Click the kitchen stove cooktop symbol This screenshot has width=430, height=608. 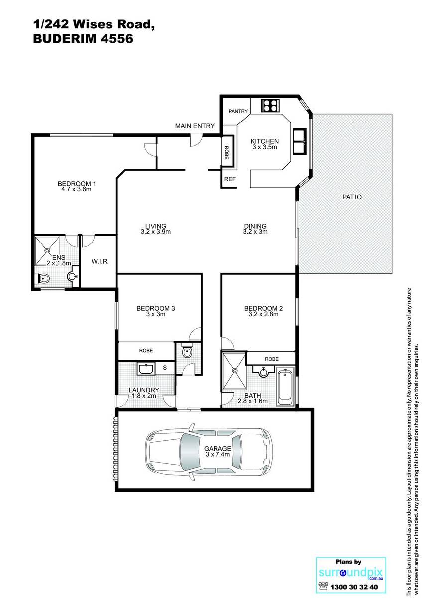coord(270,105)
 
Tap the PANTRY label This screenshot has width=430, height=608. coord(238,111)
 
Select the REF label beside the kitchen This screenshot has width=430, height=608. coord(230,179)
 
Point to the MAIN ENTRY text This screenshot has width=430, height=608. coord(195,126)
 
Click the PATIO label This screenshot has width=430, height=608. coord(352,197)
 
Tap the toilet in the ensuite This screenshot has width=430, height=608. coord(42,278)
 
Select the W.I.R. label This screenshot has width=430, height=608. coord(100,261)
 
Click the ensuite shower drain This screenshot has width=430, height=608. coord(48,251)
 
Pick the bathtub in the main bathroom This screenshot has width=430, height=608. coord(285,386)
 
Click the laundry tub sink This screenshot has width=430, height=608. coord(146,368)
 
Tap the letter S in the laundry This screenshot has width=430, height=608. coord(165,368)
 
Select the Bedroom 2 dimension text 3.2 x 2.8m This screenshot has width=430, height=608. coord(263,314)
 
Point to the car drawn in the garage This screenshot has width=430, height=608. coord(209,452)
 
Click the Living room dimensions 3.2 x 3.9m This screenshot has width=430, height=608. coord(156,232)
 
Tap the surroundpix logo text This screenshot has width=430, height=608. coord(350,573)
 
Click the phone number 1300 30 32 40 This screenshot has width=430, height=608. coord(354,587)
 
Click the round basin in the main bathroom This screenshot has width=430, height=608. coord(263,372)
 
